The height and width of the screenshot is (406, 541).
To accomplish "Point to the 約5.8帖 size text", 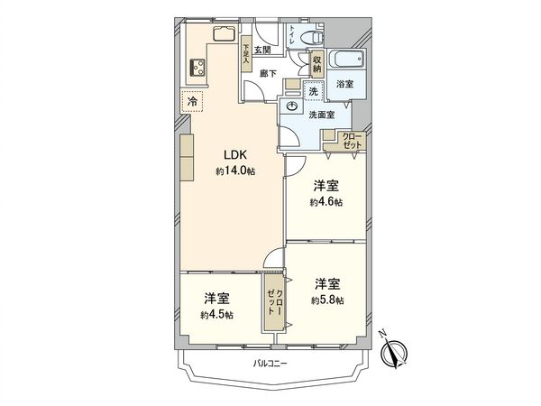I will coord(326,300).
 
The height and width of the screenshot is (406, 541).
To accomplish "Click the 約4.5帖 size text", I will coord(216,315).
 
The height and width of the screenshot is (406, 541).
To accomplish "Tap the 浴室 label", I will coord(345,84).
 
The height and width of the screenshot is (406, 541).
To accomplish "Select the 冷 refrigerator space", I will coord(192,101).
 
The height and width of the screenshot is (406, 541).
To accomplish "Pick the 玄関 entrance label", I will coord(262,50).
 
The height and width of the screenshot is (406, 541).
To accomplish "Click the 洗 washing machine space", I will coord(313,92).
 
